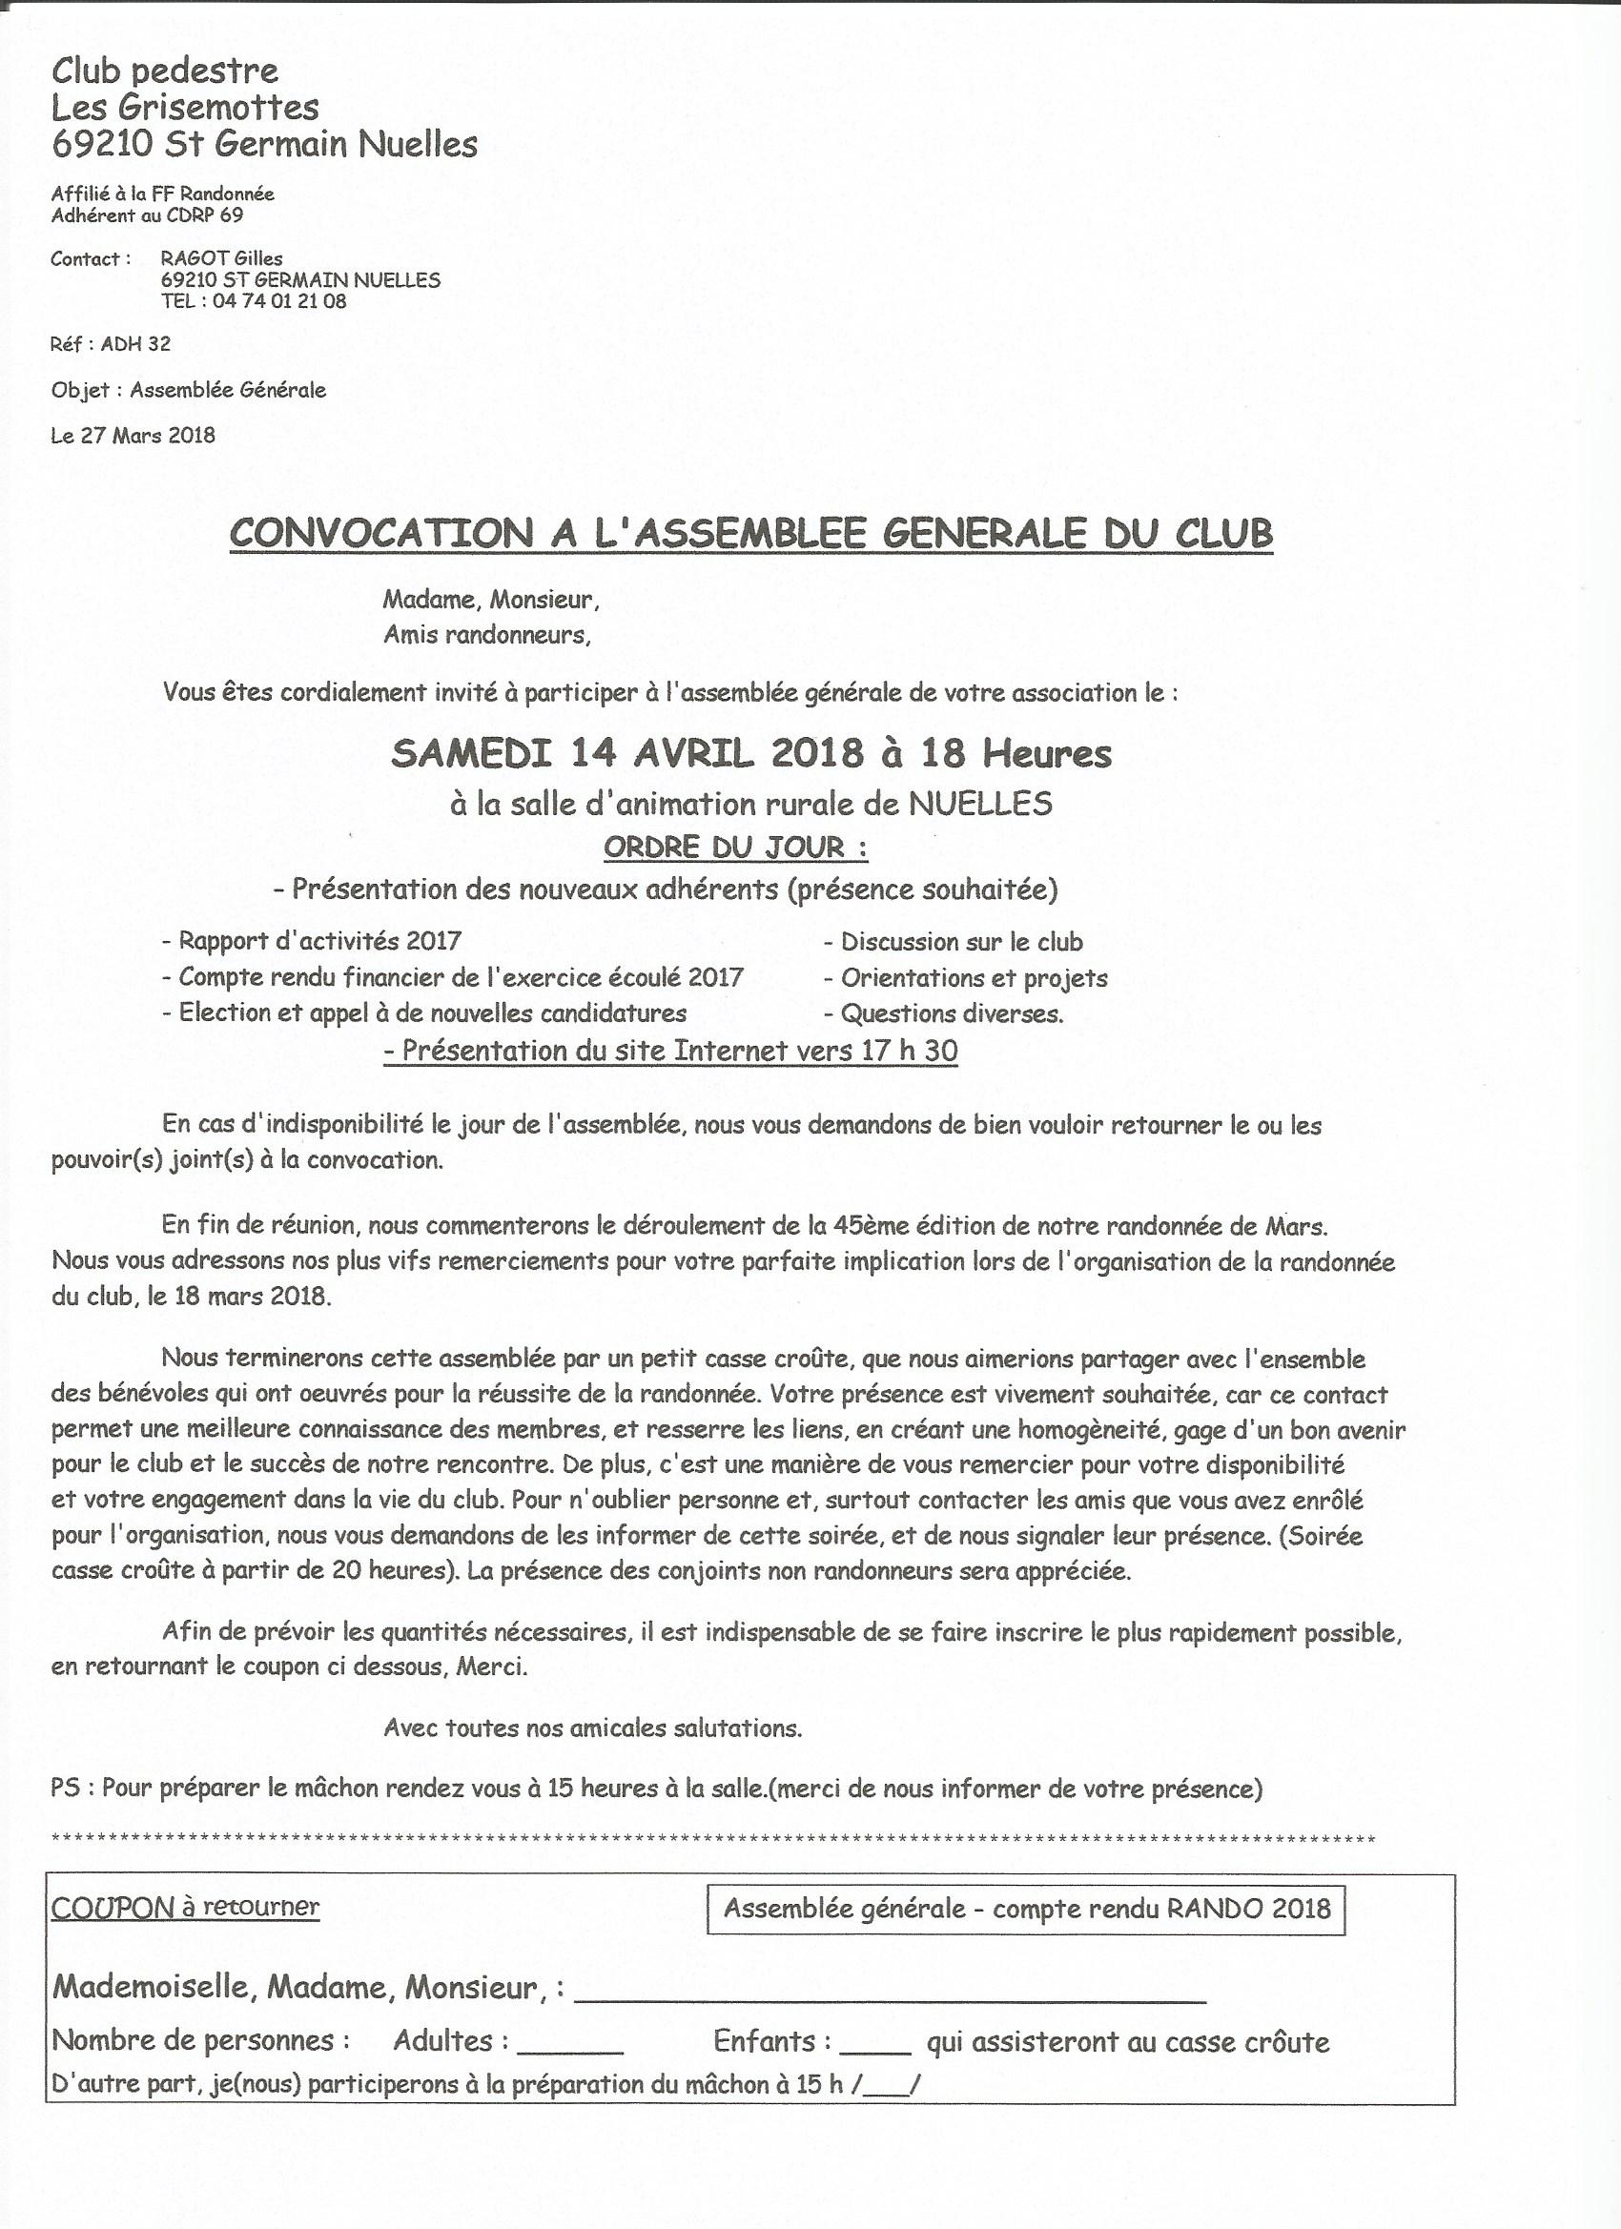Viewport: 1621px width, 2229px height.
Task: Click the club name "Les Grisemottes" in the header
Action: click(185, 107)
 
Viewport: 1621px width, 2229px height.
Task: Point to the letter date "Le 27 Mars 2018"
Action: click(133, 436)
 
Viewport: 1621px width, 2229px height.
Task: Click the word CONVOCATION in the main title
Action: click(379, 534)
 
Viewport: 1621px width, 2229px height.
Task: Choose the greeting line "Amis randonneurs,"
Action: click(487, 636)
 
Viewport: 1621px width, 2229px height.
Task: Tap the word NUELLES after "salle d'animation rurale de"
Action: click(980, 804)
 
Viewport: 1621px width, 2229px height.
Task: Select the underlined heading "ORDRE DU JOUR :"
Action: click(735, 848)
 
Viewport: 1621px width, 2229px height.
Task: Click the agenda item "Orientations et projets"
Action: click(974, 978)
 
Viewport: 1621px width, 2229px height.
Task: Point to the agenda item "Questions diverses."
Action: click(952, 1013)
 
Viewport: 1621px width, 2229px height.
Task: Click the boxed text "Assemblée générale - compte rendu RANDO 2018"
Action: click(1026, 1909)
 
